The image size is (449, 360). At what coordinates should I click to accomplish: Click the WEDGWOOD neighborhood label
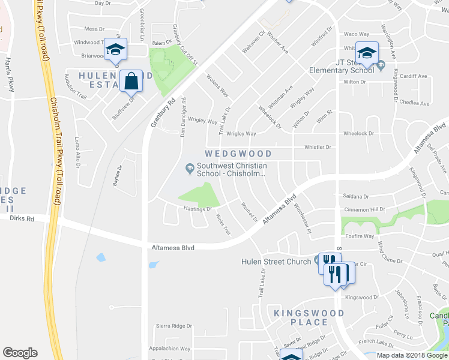click(x=239, y=154)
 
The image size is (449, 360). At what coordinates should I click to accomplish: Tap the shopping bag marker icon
click(x=131, y=80)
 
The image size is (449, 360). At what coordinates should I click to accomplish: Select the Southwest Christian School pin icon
click(x=190, y=167)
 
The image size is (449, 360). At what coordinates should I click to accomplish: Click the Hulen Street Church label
click(x=276, y=261)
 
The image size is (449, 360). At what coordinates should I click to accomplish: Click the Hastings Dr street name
click(x=197, y=209)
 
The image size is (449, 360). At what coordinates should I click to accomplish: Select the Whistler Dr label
click(x=318, y=147)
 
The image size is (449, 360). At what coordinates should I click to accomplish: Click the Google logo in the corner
click(x=20, y=352)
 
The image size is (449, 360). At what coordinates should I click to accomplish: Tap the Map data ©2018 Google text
click(x=412, y=355)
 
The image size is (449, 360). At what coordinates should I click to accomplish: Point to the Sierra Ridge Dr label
click(x=173, y=326)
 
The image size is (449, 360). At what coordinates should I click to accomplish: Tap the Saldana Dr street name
click(x=355, y=196)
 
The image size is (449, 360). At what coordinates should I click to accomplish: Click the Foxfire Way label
click(x=360, y=236)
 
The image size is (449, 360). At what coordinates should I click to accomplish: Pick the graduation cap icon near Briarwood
click(x=115, y=49)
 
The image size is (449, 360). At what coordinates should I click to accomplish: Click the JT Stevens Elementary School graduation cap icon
click(x=366, y=52)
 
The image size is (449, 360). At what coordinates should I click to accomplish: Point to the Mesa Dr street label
click(x=94, y=28)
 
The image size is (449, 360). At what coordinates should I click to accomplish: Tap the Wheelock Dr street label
click(x=358, y=134)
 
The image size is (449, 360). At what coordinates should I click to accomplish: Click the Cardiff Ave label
click(x=414, y=76)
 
